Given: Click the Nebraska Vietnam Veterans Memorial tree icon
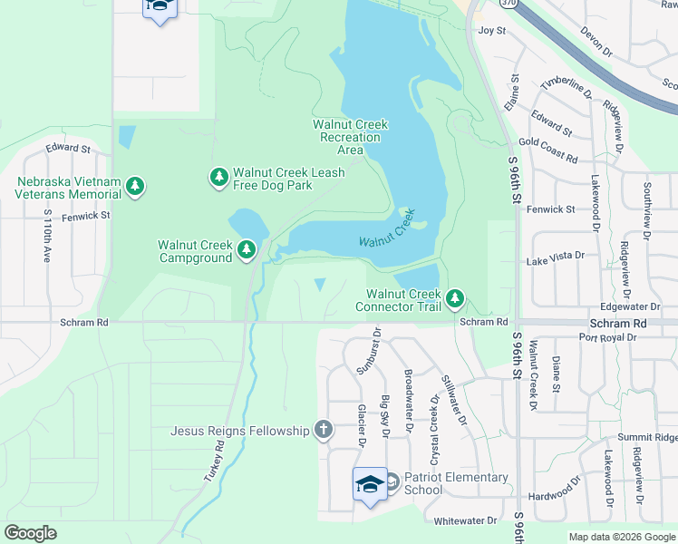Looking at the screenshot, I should tap(135, 187).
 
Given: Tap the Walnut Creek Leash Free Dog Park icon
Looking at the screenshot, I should tap(218, 178).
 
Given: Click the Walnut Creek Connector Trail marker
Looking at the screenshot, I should tap(455, 298).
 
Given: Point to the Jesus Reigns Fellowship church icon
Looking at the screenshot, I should tap(324, 430).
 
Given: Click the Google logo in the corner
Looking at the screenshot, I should tap(30, 533).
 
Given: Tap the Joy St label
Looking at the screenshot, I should tap(491, 30).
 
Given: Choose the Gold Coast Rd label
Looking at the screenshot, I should tap(547, 150).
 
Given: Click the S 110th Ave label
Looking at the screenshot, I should tap(47, 236).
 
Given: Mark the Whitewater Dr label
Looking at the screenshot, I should tap(465, 520).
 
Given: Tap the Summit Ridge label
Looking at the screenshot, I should tap(647, 437).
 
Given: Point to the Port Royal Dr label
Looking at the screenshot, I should tap(608, 337).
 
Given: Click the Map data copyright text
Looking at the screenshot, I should tap(621, 537).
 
